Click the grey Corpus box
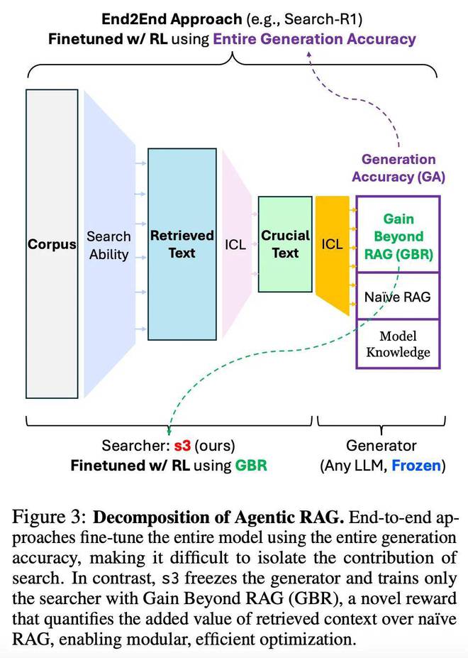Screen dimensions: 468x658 pyautogui.click(x=52, y=243)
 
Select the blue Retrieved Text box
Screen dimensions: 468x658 pyautogui.click(x=182, y=243)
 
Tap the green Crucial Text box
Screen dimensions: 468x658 pyautogui.click(x=285, y=243)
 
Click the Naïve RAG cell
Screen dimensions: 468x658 pyautogui.click(x=398, y=296)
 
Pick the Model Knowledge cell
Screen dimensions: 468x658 pyautogui.click(x=398, y=344)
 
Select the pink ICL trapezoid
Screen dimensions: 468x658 pyautogui.click(x=236, y=243)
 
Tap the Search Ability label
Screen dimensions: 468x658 pyautogui.click(x=108, y=246)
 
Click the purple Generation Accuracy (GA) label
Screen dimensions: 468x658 pyautogui.click(x=399, y=168)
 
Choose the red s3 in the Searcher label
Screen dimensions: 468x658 pyautogui.click(x=182, y=445)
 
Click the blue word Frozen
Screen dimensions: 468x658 pyautogui.click(x=416, y=466)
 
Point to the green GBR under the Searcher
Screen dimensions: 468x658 pyautogui.click(x=251, y=466)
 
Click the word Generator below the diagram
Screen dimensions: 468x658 pyautogui.click(x=381, y=445)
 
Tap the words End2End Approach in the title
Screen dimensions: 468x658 pyautogui.click(x=172, y=19)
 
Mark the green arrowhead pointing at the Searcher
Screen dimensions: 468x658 pyautogui.click(x=169, y=431)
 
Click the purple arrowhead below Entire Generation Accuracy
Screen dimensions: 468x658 pyautogui.click(x=309, y=55)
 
